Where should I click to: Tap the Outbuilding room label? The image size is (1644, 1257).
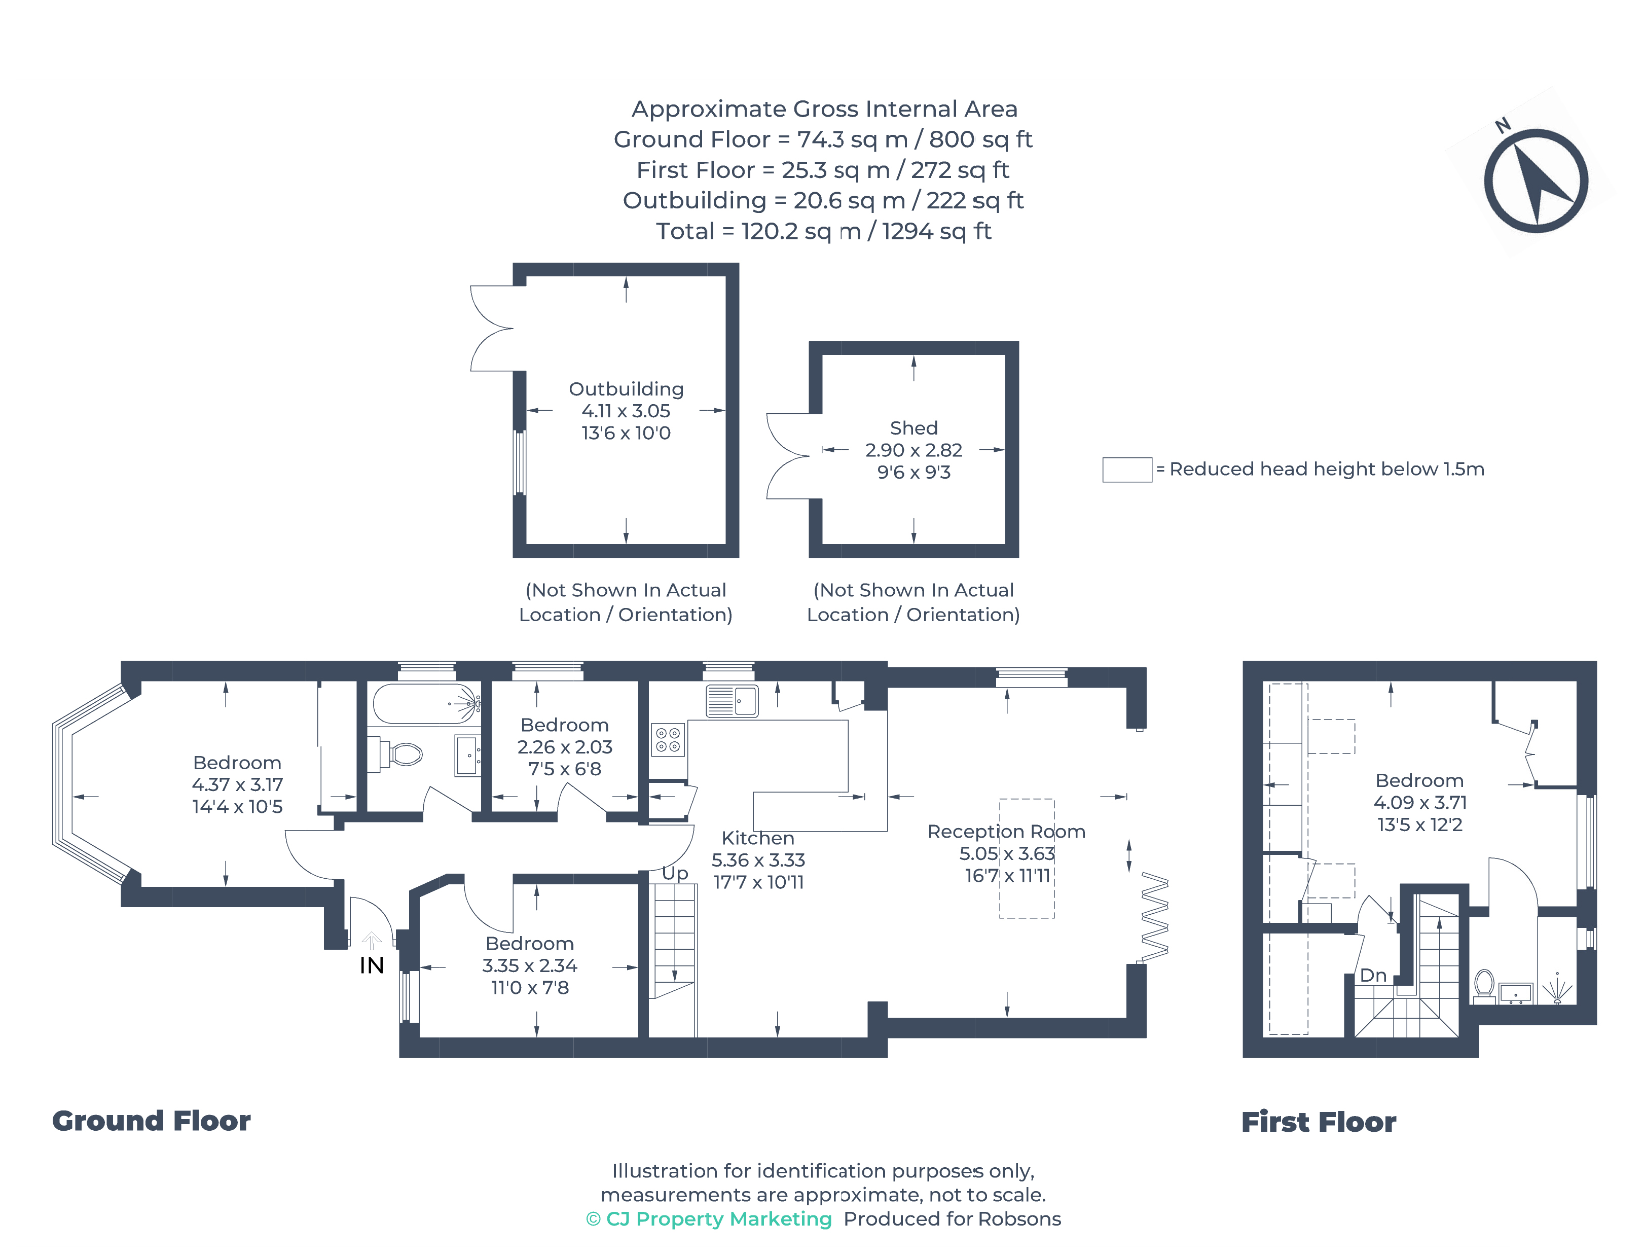pyautogui.click(x=626, y=389)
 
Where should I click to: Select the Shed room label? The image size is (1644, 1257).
pyautogui.click(x=914, y=428)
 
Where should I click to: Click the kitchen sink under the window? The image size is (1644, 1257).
pyautogui.click(x=732, y=701)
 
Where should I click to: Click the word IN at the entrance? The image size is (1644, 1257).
pyautogui.click(x=372, y=965)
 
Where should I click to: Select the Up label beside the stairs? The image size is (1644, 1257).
pyautogui.click(x=675, y=873)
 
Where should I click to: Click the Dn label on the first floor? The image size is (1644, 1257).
pyautogui.click(x=1373, y=976)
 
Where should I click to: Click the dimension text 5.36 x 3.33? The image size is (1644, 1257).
pyautogui.click(x=758, y=860)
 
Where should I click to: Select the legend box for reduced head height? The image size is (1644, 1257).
pyautogui.click(x=1126, y=470)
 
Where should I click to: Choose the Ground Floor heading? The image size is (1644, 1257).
pyautogui.click(x=151, y=1121)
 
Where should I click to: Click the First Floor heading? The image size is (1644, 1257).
pyautogui.click(x=1319, y=1122)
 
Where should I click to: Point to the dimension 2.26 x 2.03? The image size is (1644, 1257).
pyautogui.click(x=565, y=747)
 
